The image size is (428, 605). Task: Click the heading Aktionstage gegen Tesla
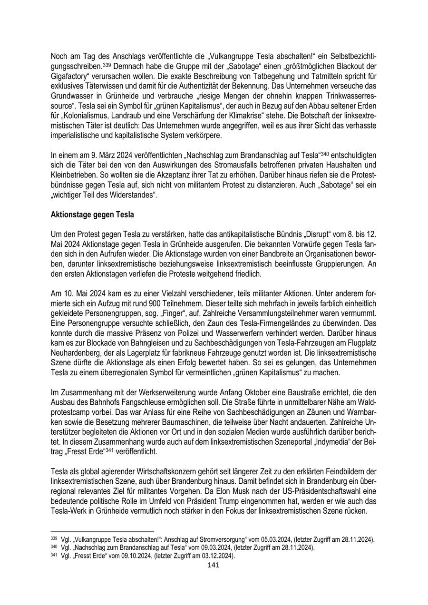[x=92, y=215]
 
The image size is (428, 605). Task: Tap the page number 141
[x=214, y=565]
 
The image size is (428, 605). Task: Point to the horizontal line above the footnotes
[x=102, y=531]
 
